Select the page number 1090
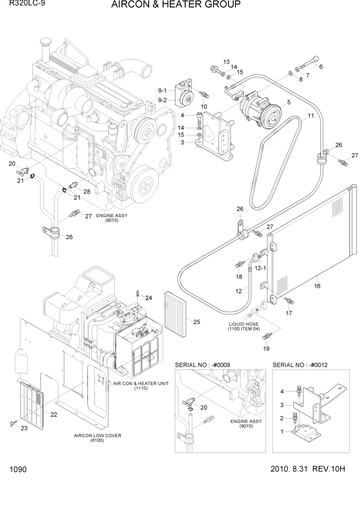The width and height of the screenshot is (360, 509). [18, 469]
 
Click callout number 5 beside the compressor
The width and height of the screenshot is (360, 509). [289, 103]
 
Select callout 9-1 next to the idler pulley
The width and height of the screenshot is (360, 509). [163, 90]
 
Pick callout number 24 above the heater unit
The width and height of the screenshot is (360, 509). [149, 298]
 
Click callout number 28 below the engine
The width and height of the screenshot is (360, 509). [87, 192]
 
